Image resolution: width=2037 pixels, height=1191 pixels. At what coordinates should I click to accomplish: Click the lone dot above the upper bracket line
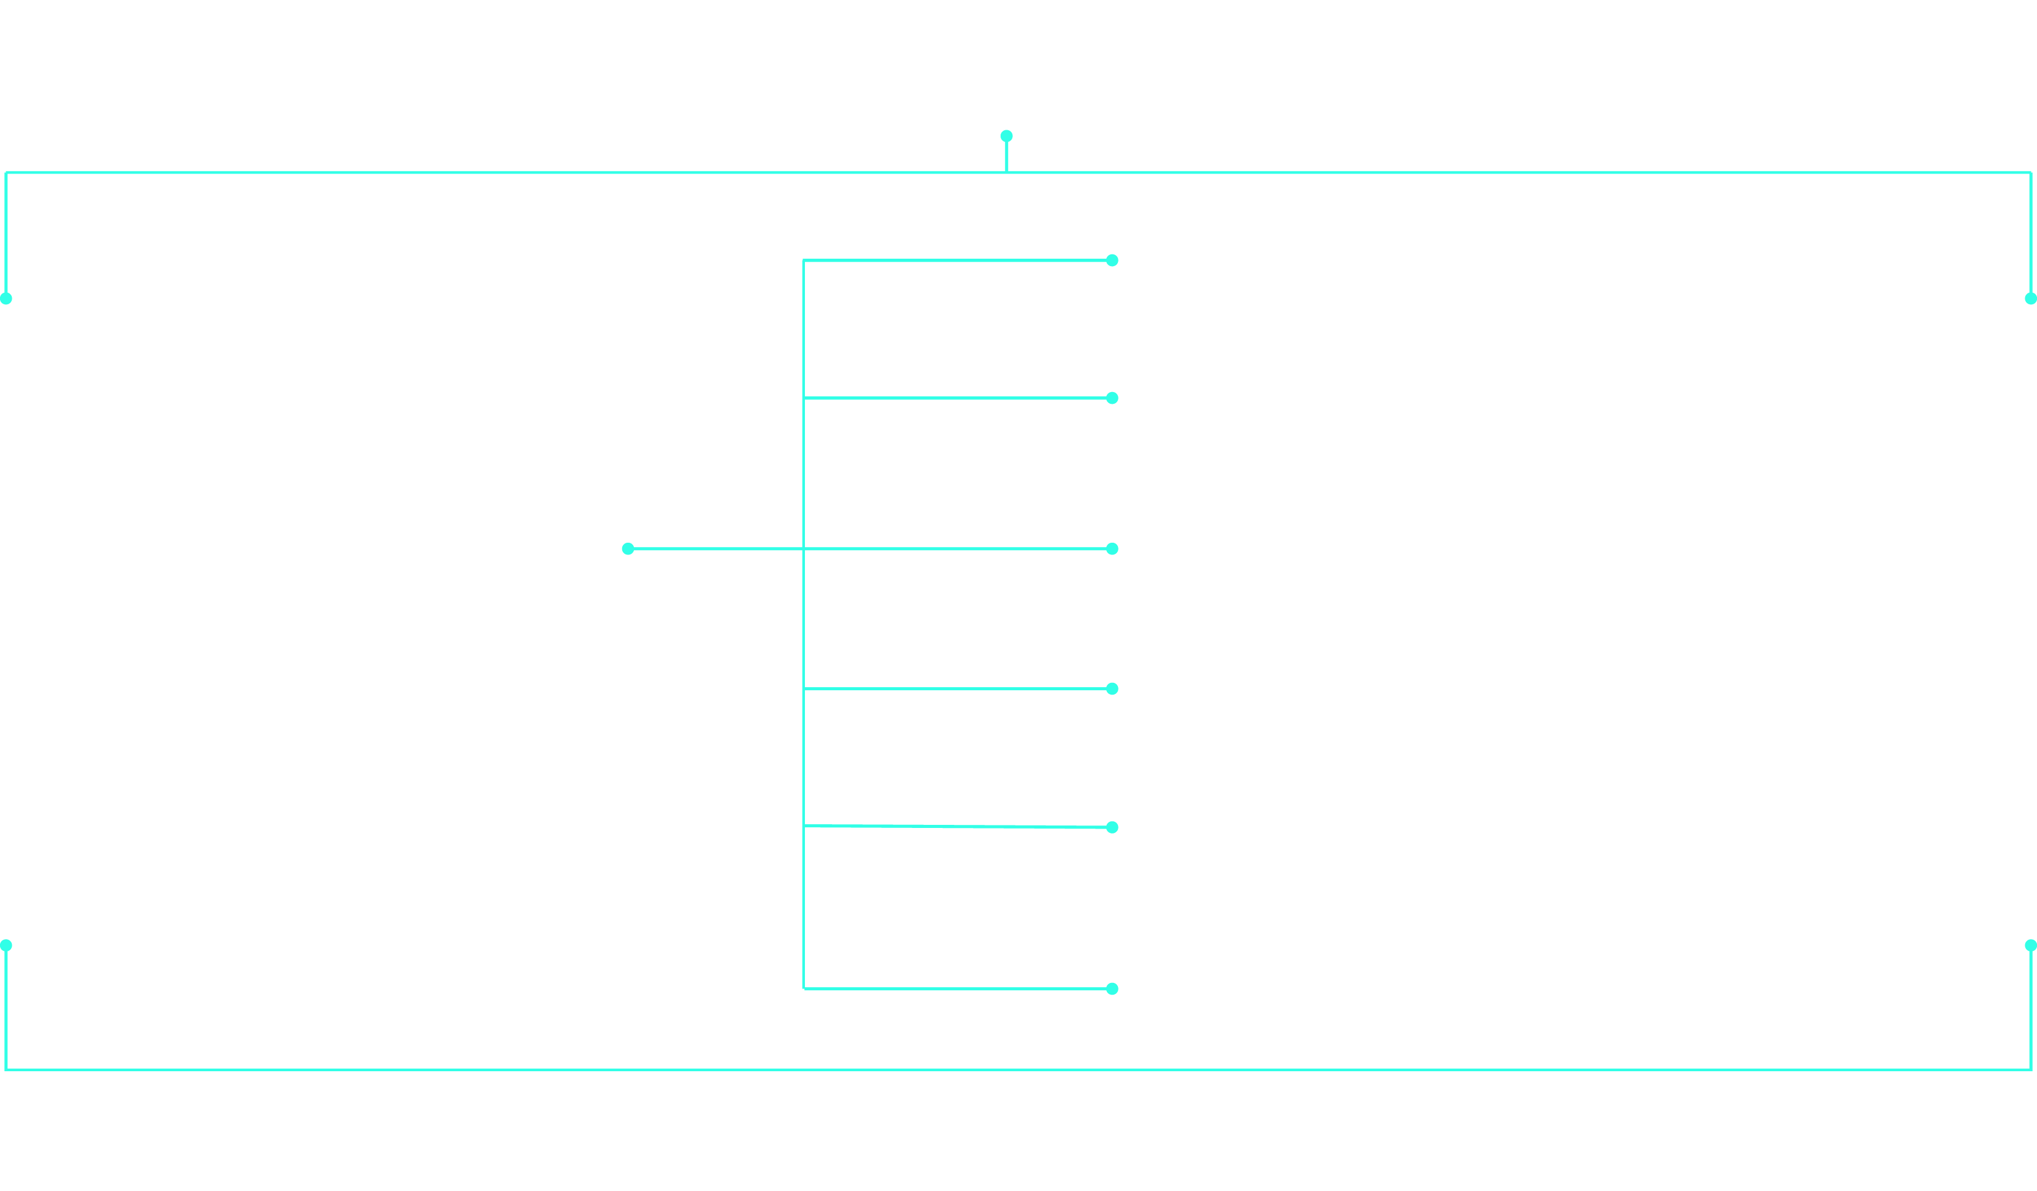pyautogui.click(x=1006, y=136)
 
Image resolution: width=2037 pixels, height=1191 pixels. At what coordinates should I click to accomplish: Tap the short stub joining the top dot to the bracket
pyautogui.click(x=1006, y=155)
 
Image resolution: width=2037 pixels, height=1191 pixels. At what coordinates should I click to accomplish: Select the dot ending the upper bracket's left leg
pyautogui.click(x=6, y=298)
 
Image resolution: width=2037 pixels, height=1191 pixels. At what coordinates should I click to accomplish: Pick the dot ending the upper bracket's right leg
pyautogui.click(x=2031, y=298)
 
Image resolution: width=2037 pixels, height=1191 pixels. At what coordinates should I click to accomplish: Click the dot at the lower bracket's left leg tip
pyautogui.click(x=6, y=945)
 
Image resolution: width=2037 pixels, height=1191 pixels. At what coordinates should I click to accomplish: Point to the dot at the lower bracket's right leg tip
pyautogui.click(x=2031, y=945)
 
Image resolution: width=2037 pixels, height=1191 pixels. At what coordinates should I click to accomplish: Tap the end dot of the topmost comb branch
pyautogui.click(x=1112, y=261)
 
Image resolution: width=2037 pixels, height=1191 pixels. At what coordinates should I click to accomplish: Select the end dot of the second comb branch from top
pyautogui.click(x=1112, y=398)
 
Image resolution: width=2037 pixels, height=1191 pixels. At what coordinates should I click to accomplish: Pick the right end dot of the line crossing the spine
pyautogui.click(x=1112, y=549)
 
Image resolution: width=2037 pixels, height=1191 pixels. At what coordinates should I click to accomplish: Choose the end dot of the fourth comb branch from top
pyautogui.click(x=1112, y=689)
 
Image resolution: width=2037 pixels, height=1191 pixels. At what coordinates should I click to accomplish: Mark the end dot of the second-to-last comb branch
pyautogui.click(x=1112, y=827)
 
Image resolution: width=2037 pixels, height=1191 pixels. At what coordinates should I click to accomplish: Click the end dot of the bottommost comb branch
pyautogui.click(x=1112, y=989)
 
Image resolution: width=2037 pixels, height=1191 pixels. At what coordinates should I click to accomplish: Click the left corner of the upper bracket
pyautogui.click(x=6, y=173)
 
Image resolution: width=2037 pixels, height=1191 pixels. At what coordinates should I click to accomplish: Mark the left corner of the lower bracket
pyautogui.click(x=6, y=1070)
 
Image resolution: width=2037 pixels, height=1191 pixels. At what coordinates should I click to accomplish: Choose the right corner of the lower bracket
pyautogui.click(x=2031, y=1070)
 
